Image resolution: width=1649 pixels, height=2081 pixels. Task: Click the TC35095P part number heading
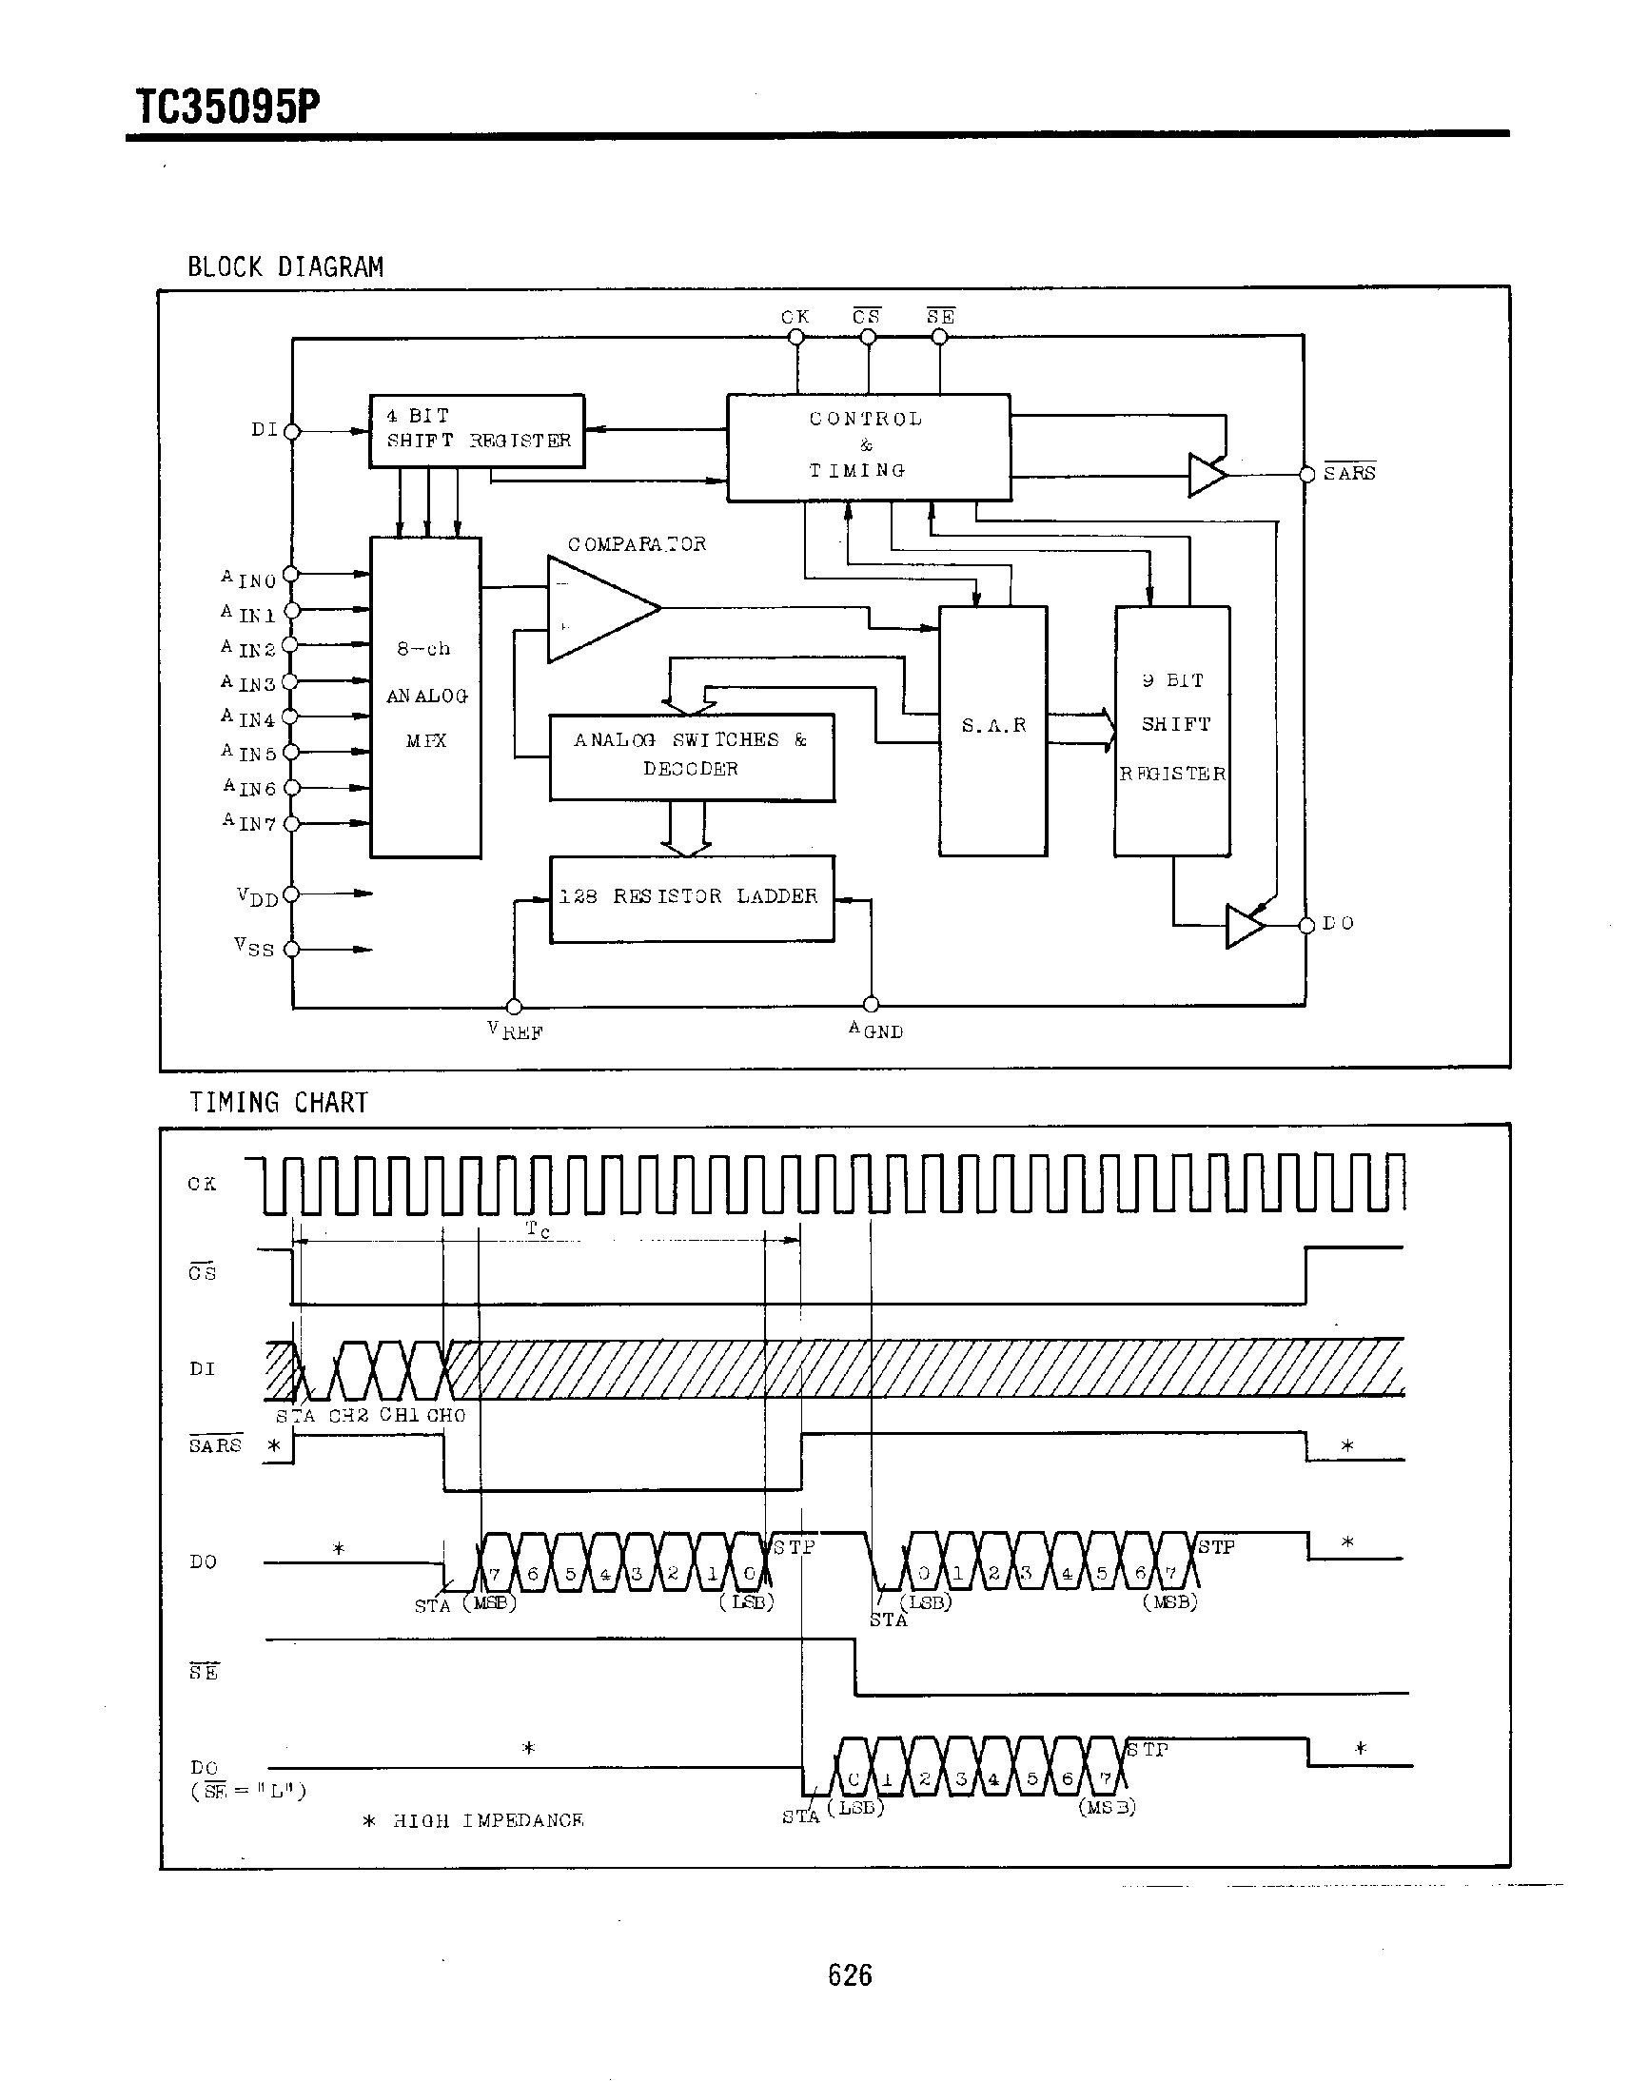click(227, 107)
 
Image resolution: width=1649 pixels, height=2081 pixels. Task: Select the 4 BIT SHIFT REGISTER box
click(477, 430)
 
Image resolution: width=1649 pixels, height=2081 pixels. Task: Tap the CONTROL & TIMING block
click(867, 446)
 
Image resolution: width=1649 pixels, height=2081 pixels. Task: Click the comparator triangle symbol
click(594, 609)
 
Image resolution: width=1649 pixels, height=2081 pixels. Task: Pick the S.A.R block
click(992, 730)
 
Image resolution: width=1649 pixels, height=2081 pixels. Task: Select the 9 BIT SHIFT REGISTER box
click(1172, 730)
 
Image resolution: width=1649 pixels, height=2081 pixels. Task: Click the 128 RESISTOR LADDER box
click(691, 897)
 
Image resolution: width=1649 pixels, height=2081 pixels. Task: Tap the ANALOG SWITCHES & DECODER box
click(691, 756)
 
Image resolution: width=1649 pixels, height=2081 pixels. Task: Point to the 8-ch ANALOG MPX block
click(425, 697)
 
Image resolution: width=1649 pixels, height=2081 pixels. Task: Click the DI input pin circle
click(292, 431)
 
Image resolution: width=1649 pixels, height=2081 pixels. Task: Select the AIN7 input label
click(250, 822)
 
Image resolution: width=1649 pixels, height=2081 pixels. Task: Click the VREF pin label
click(516, 1031)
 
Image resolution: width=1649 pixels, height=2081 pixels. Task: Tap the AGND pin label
click(875, 1030)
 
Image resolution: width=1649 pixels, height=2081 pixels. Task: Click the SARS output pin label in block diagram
click(1348, 473)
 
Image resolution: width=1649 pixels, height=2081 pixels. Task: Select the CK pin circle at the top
click(796, 337)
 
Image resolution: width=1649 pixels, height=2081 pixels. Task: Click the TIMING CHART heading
click(278, 1102)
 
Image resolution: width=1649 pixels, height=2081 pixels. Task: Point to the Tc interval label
click(538, 1228)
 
